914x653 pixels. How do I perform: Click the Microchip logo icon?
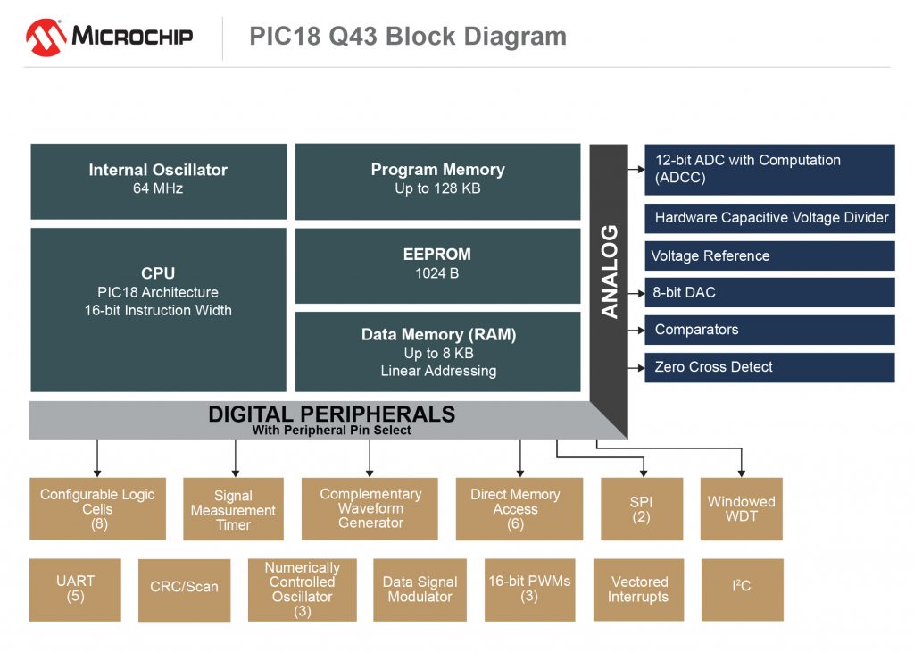[x=46, y=37]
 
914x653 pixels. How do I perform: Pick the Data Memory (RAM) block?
[x=437, y=351]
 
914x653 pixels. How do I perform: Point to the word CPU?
[x=158, y=273]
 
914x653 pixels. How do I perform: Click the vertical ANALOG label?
[x=610, y=272]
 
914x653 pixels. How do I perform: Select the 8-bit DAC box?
[x=769, y=292]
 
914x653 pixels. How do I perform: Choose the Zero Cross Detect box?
[x=769, y=367]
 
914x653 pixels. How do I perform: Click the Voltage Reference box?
[x=769, y=255]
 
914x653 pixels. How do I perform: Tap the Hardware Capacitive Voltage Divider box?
[x=769, y=218]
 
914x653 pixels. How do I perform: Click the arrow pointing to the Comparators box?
[x=636, y=330]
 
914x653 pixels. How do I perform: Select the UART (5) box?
[x=75, y=589]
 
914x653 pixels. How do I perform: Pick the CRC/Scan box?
[x=184, y=589]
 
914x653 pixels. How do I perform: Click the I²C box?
[x=742, y=589]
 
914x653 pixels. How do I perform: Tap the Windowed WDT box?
[x=742, y=508]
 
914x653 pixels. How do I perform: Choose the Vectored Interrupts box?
[x=638, y=589]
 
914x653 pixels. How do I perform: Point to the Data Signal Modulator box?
[x=420, y=589]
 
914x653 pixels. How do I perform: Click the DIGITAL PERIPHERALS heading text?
[x=331, y=414]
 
